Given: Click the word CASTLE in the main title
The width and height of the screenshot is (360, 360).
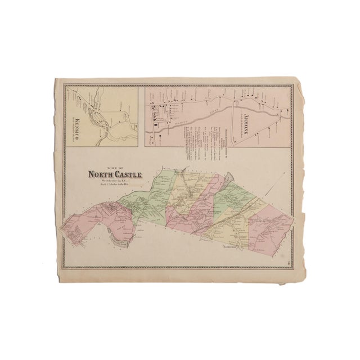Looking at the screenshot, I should pyautogui.click(x=127, y=175).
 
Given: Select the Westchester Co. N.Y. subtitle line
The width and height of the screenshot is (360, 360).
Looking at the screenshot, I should pyautogui.click(x=113, y=181).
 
